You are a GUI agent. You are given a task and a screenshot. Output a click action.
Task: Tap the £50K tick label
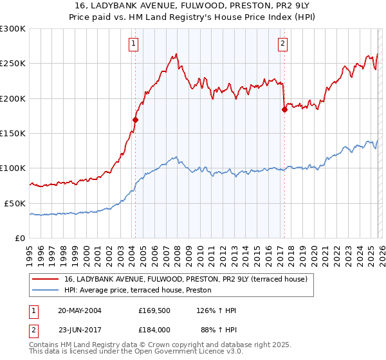(15, 203)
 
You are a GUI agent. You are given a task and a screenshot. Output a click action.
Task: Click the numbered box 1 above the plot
(133, 44)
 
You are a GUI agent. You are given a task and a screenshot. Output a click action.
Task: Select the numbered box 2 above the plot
(282, 44)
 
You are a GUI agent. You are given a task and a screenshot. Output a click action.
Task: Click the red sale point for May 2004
(136, 120)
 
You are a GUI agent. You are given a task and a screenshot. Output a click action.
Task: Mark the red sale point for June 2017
(284, 110)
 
